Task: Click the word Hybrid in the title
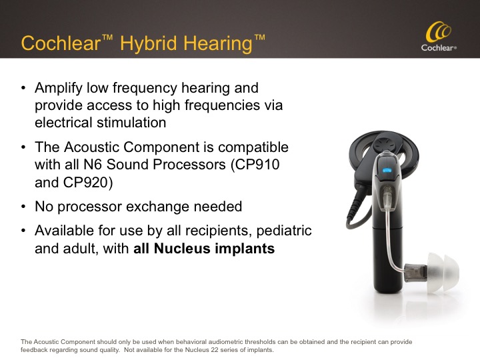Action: [x=149, y=43]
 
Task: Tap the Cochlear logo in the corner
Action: [x=439, y=36]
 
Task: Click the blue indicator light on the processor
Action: [x=387, y=171]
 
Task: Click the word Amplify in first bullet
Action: [x=59, y=89]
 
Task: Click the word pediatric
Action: [x=284, y=231]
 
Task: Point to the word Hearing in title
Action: [x=217, y=43]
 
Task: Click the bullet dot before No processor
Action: [x=23, y=207]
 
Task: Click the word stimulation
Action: [x=131, y=123]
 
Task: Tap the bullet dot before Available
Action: [x=23, y=231]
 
